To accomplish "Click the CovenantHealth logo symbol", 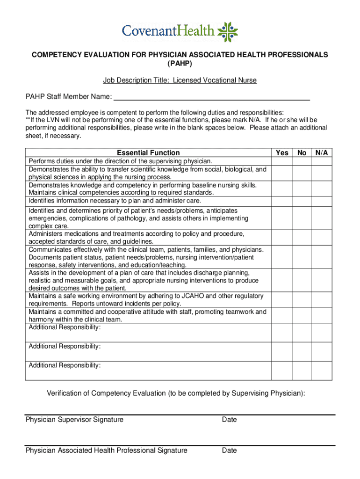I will pos(228,32).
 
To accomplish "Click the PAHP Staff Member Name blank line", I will pos(212,97).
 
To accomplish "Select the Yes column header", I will pos(282,152).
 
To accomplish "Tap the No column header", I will pos(302,152).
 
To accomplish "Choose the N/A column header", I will pos(322,152).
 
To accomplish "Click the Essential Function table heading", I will pos(148,152).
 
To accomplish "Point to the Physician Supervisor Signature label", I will pos(74,420).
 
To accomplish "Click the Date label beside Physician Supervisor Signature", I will pos(230,420).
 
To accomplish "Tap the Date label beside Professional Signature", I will pos(230,450).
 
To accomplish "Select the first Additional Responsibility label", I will pos(65,327).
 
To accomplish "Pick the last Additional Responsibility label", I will pos(65,365).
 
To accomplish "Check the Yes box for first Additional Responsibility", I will pos(282,333).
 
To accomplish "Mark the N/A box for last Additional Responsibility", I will pos(322,370).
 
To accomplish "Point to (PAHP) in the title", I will pos(180,63).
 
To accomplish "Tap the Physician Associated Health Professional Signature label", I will pos(107,450).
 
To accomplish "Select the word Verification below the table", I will pos(68,393).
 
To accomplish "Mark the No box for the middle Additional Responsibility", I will pos(302,351).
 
